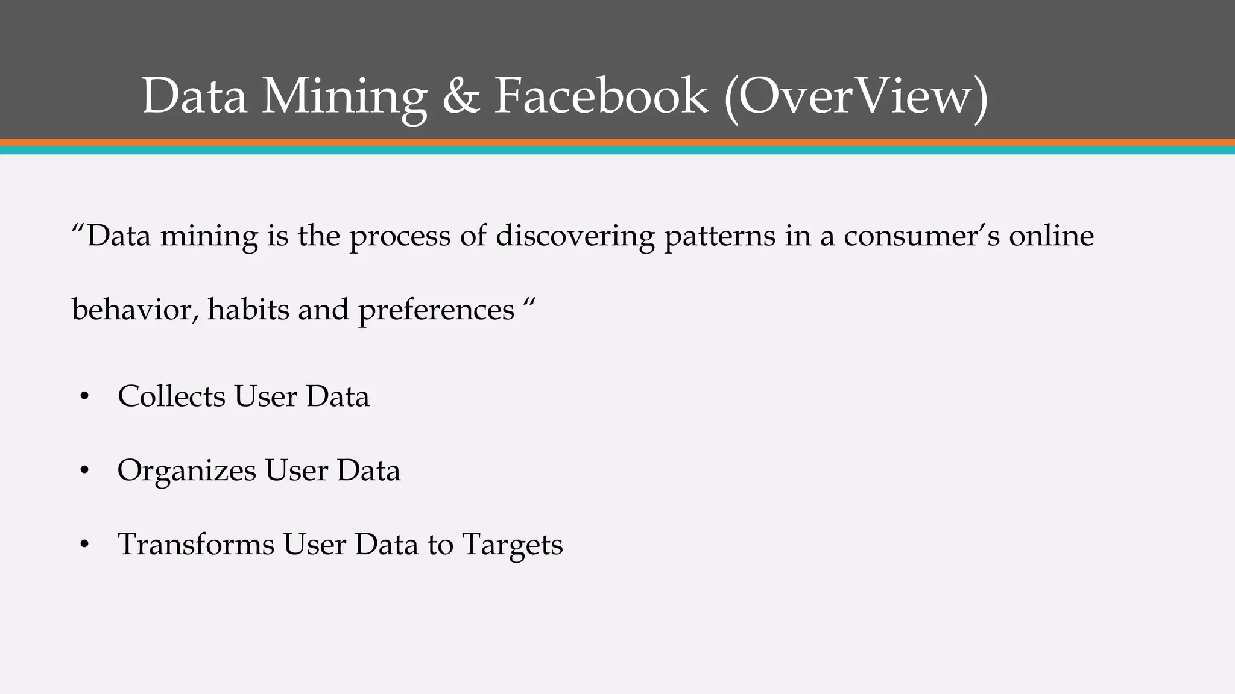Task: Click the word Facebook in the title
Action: tap(601, 96)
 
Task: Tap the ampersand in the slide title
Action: tap(461, 96)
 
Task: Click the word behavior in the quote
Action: tap(134, 310)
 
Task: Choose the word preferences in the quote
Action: tap(436, 311)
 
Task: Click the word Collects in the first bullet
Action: tap(171, 396)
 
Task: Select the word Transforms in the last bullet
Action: tap(196, 545)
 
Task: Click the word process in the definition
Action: tap(400, 237)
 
